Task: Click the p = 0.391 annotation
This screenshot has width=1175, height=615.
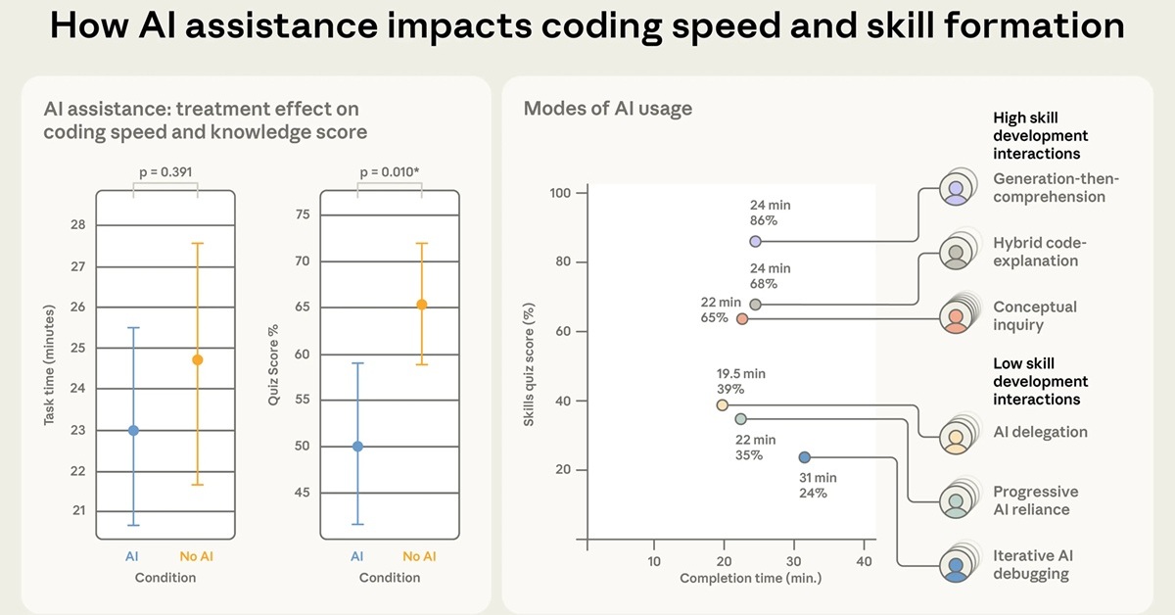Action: pyautogui.click(x=165, y=172)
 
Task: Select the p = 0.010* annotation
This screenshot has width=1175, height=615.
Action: pyautogui.click(x=390, y=172)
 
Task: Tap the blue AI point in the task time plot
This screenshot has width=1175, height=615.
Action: pyautogui.click(x=133, y=430)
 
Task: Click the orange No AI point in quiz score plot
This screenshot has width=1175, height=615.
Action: pyautogui.click(x=422, y=305)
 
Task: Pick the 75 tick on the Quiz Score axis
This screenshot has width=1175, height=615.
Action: pyautogui.click(x=302, y=215)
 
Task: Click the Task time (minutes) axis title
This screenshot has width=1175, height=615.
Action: pyautogui.click(x=50, y=364)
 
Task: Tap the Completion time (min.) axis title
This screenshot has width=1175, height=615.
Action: pyautogui.click(x=751, y=578)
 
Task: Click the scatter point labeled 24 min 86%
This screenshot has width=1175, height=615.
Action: pyautogui.click(x=755, y=241)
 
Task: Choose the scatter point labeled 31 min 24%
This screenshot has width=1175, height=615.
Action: pyautogui.click(x=804, y=457)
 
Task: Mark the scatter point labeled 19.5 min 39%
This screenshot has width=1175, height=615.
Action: pyautogui.click(x=723, y=404)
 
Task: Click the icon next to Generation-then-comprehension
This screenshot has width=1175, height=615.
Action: pyautogui.click(x=957, y=188)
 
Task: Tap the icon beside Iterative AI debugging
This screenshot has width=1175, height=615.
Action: pyautogui.click(x=957, y=566)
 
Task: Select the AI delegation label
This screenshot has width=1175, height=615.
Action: pyautogui.click(x=1040, y=432)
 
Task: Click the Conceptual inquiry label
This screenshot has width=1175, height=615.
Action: pyautogui.click(x=1034, y=315)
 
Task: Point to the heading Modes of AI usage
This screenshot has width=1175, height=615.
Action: pyautogui.click(x=608, y=109)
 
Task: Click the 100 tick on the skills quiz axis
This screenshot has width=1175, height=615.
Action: pyautogui.click(x=559, y=193)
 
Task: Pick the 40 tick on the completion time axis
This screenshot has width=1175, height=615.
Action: pyautogui.click(x=864, y=561)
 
